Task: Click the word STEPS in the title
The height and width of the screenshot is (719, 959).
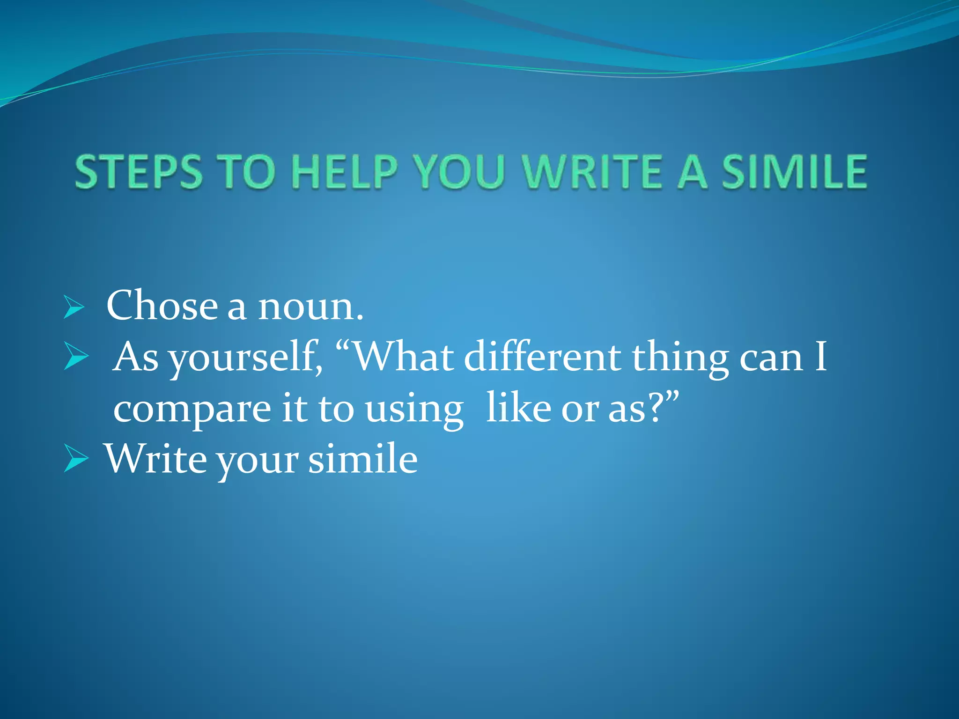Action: click(x=139, y=172)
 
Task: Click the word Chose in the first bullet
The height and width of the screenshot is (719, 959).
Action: click(x=162, y=306)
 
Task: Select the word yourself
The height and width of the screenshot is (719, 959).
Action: click(x=245, y=358)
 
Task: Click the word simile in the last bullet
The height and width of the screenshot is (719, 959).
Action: click(x=363, y=459)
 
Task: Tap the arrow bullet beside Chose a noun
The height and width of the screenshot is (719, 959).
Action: click(x=74, y=307)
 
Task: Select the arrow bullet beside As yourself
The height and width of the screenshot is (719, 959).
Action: click(x=75, y=357)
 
